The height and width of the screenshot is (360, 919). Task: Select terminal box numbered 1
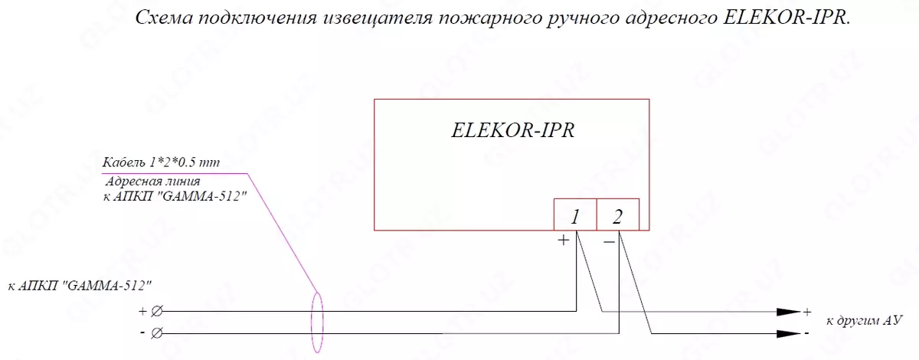tap(574, 216)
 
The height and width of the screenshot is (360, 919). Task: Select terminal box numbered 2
tap(616, 216)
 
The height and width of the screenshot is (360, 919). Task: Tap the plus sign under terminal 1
tap(564, 241)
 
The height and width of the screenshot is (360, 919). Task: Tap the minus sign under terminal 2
tap(609, 241)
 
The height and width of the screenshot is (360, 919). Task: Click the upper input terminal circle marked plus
tap(156, 312)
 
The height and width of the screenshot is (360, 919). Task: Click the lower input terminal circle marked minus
tap(156, 333)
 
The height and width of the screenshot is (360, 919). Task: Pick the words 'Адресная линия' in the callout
tap(152, 182)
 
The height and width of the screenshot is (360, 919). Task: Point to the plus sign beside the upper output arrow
tap(806, 313)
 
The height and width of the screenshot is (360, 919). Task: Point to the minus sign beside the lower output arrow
tap(806, 335)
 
